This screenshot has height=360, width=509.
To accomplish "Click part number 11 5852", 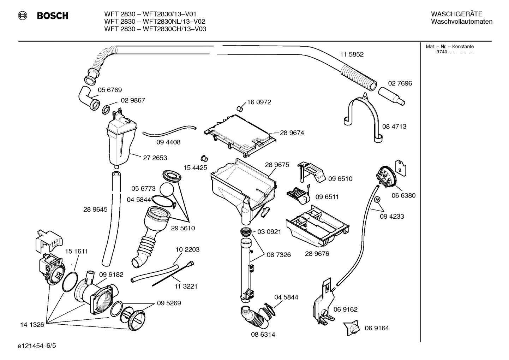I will (x=352, y=54).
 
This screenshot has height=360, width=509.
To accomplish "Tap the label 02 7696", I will (x=400, y=83).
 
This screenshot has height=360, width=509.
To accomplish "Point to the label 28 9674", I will (x=292, y=133).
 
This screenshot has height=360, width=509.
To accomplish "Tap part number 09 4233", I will (x=392, y=216).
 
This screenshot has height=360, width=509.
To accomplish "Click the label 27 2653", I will (x=155, y=158).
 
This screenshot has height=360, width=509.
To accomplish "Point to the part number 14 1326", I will (x=32, y=325).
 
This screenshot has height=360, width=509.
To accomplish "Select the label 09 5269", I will (x=169, y=303).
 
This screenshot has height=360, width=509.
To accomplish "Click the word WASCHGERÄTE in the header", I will (x=456, y=14).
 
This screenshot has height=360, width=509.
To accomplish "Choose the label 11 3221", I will (x=186, y=286).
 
